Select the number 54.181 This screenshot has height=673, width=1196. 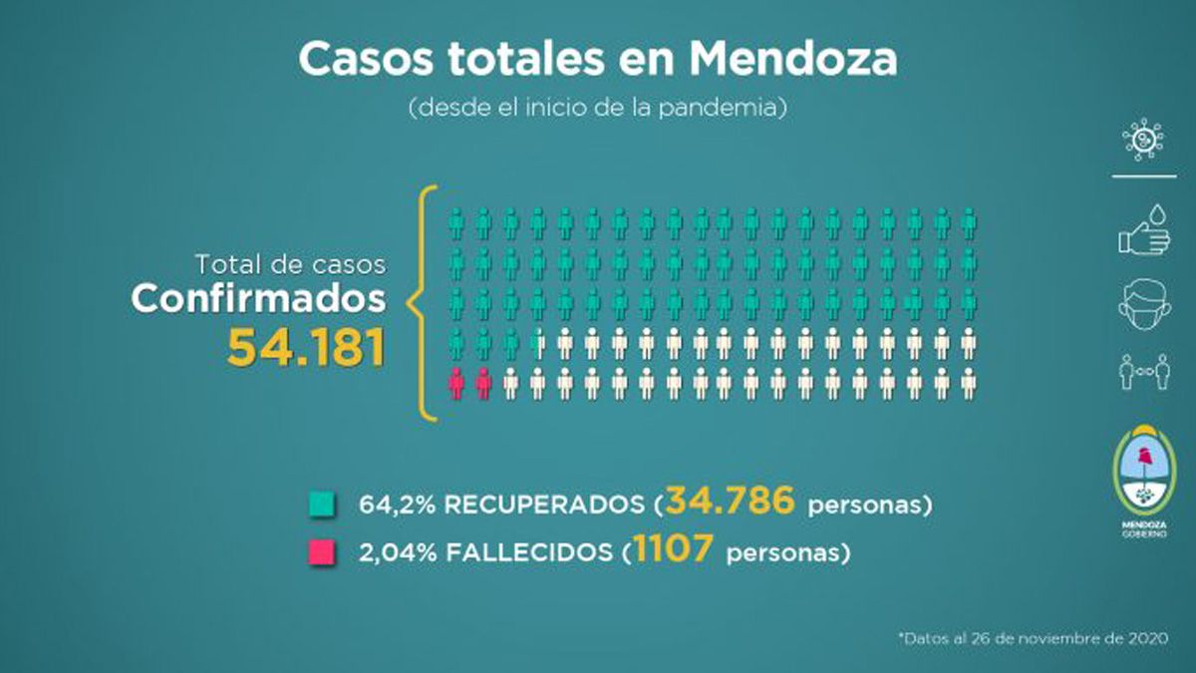click(306, 346)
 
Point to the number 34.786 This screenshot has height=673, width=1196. click(731, 502)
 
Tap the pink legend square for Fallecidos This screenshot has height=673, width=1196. click(322, 551)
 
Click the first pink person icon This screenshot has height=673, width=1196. click(456, 383)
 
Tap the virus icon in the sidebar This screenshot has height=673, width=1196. click(1142, 139)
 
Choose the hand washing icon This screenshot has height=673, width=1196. click(1142, 228)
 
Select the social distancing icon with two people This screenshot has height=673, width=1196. click(1142, 371)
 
